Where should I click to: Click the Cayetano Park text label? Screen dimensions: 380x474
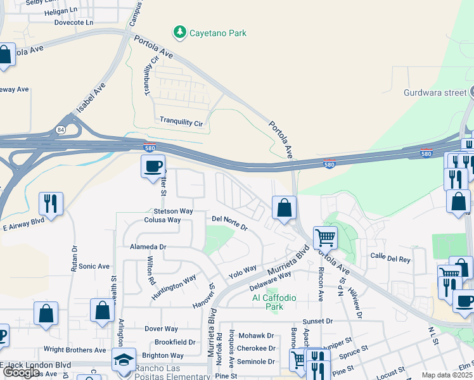coord(218,33)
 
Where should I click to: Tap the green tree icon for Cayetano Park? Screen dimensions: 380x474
coord(180,32)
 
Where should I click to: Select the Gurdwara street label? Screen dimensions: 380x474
coord(435,92)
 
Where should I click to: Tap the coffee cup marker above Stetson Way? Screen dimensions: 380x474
coord(153,167)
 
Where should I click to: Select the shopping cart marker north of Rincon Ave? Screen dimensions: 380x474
coord(325,238)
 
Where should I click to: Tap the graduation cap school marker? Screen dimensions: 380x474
coord(123,360)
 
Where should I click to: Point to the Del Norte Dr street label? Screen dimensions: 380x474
coord(229,220)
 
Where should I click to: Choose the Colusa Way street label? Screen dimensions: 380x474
coord(162,220)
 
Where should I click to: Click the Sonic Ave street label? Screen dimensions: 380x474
coord(94,267)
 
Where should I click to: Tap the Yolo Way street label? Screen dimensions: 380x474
coord(243,272)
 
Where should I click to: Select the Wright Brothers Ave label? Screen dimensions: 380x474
coord(74,350)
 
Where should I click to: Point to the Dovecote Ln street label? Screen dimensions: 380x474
coord(74,22)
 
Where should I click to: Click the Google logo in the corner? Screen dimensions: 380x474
coord(21,372)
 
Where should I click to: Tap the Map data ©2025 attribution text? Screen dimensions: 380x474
coord(447,375)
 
